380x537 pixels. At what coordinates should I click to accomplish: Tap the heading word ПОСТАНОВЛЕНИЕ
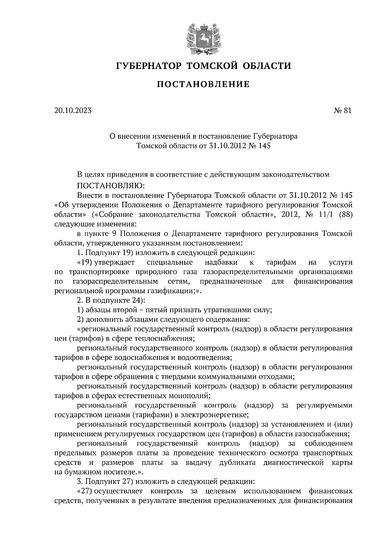[x=203, y=84]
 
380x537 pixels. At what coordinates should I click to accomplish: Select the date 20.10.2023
[x=73, y=110]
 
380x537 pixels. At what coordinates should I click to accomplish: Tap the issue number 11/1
[x=327, y=214]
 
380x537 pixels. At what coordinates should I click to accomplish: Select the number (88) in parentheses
[x=345, y=214]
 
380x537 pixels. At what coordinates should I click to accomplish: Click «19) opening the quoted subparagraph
[x=85, y=262]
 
